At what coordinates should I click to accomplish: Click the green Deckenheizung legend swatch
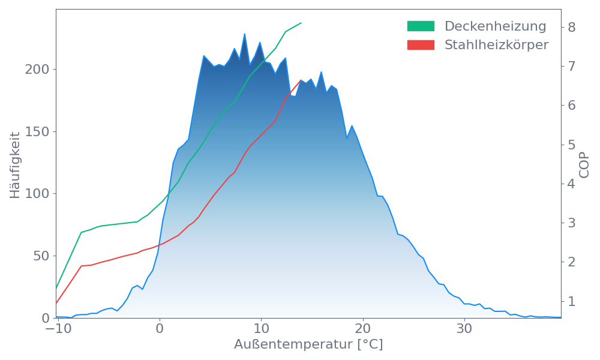(x=421, y=26)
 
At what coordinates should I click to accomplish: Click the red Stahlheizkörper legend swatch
(x=421, y=45)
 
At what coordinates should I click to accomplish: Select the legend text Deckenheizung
(x=495, y=26)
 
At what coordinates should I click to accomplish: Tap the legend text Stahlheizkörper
(x=496, y=45)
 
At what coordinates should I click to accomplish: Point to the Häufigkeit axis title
(x=15, y=165)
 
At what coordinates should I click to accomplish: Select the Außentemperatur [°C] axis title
(x=308, y=345)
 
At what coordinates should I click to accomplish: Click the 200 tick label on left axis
(x=37, y=70)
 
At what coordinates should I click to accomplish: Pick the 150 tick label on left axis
(x=37, y=132)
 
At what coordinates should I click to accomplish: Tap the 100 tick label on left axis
(x=37, y=194)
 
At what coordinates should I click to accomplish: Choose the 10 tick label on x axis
(x=260, y=329)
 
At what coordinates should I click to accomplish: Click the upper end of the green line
(x=301, y=23)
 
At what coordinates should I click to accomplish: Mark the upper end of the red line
(x=301, y=79)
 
